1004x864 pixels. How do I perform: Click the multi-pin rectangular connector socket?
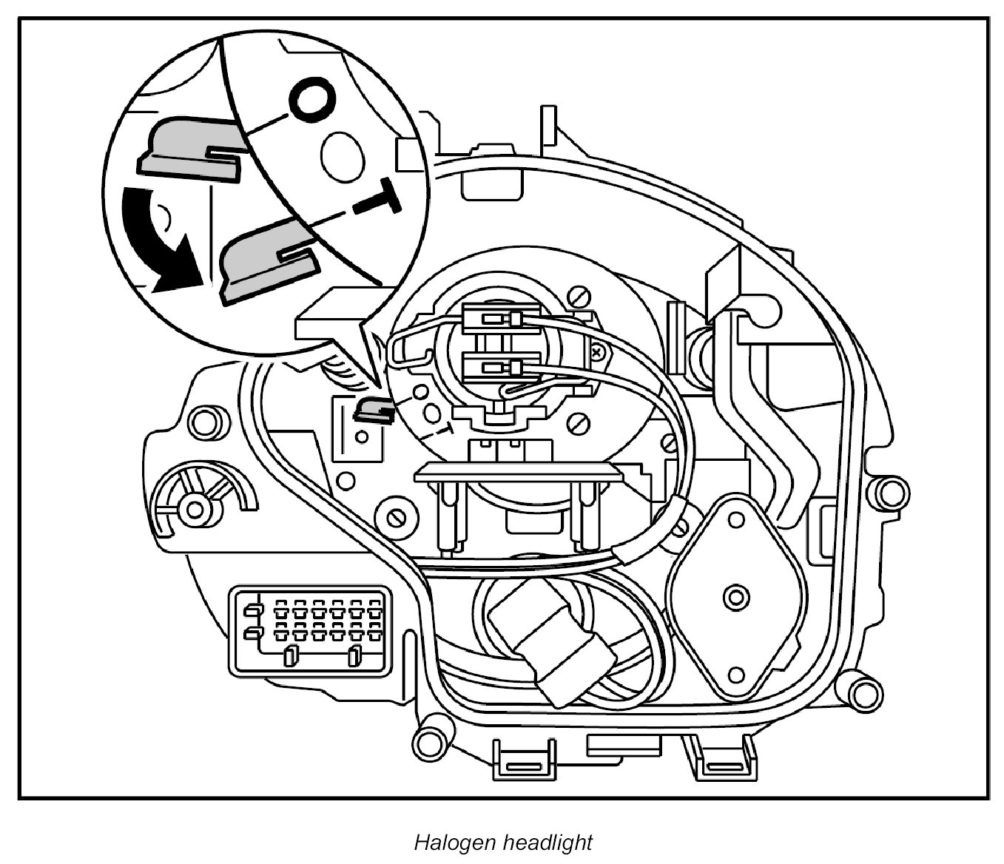(311, 630)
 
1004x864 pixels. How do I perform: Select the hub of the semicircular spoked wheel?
(196, 509)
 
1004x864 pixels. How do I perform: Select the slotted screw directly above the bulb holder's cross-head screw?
(579, 299)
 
